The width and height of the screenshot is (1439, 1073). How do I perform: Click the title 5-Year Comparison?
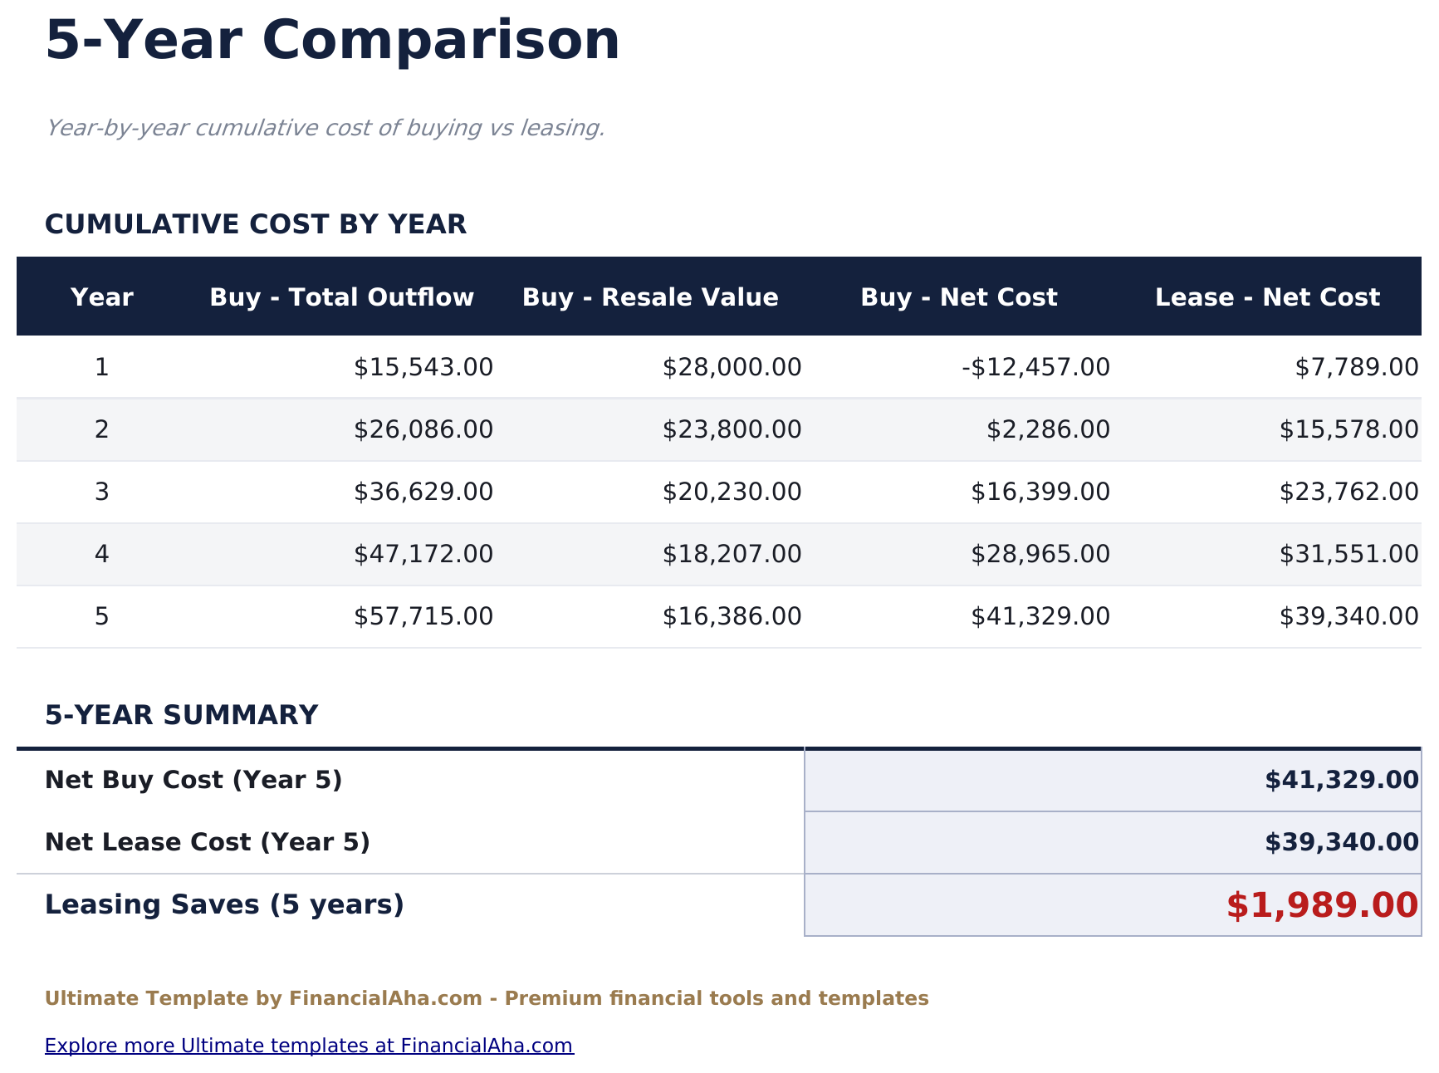click(x=332, y=41)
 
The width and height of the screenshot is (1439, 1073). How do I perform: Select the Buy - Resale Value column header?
click(x=650, y=297)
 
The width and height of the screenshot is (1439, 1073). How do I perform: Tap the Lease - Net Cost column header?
click(x=1267, y=297)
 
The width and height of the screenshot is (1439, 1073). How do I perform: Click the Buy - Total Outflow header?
click(x=341, y=297)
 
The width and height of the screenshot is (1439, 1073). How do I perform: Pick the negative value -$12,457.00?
click(x=1035, y=367)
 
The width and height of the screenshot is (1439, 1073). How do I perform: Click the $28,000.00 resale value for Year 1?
click(x=732, y=367)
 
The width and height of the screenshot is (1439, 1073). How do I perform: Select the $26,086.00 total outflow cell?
click(x=423, y=429)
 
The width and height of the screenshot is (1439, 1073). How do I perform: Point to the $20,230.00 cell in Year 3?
click(x=732, y=492)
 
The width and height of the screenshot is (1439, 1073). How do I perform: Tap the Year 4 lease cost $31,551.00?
click(x=1348, y=554)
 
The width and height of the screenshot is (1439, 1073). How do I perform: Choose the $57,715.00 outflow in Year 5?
click(x=423, y=616)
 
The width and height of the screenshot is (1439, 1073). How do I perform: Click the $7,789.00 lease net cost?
click(x=1357, y=367)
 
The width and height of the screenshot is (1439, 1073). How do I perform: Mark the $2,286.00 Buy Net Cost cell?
click(x=1048, y=429)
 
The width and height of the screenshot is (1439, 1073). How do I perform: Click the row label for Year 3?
click(x=101, y=492)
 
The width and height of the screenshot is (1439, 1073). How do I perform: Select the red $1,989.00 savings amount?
click(x=1322, y=905)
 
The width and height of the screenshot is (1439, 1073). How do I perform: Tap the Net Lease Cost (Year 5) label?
click(x=208, y=842)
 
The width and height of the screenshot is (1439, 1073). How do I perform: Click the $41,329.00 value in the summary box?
click(x=1341, y=780)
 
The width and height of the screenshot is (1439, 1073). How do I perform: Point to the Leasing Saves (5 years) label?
click(x=224, y=904)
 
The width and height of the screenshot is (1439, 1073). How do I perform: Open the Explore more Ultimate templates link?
click(x=309, y=1046)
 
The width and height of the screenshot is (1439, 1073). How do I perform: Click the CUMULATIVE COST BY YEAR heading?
click(x=256, y=224)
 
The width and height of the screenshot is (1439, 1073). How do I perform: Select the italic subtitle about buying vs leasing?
click(x=325, y=128)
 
